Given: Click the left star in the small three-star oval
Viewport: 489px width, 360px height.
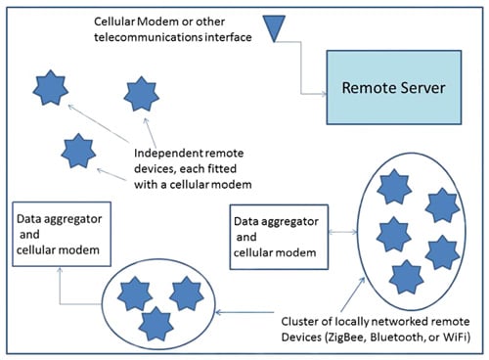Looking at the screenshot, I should click(x=129, y=292).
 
